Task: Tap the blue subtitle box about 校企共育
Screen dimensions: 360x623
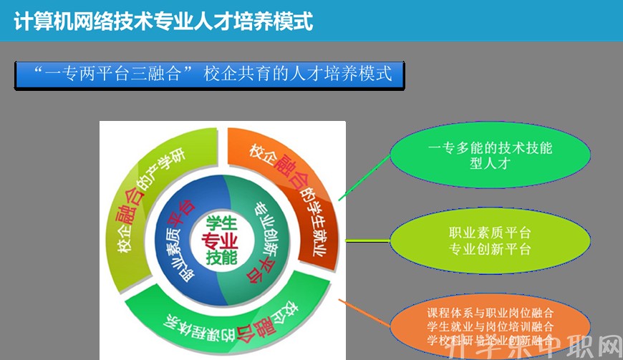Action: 209,74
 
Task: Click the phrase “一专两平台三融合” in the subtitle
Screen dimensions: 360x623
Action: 115,74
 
